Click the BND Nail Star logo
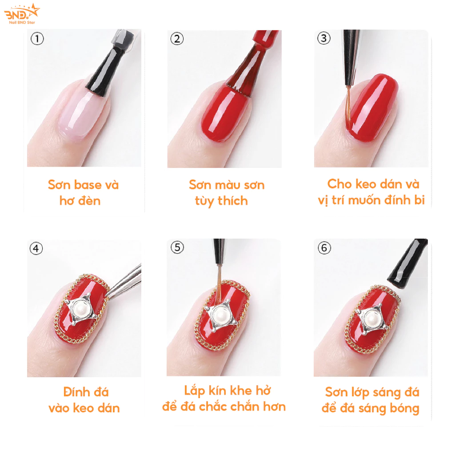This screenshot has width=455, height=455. click(x=22, y=14)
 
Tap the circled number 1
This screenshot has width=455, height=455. click(x=37, y=39)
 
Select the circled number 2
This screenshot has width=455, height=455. click(x=177, y=39)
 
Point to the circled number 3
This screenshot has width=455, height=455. click(x=324, y=38)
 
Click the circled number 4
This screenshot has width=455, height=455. click(x=36, y=248)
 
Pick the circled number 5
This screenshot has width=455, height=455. click(x=177, y=247)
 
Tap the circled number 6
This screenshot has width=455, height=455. click(x=324, y=248)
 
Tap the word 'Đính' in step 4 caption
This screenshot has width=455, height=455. click(x=75, y=392)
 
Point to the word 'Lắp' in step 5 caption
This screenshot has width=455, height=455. click(x=195, y=391)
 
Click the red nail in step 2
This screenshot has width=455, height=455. click(x=225, y=113)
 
